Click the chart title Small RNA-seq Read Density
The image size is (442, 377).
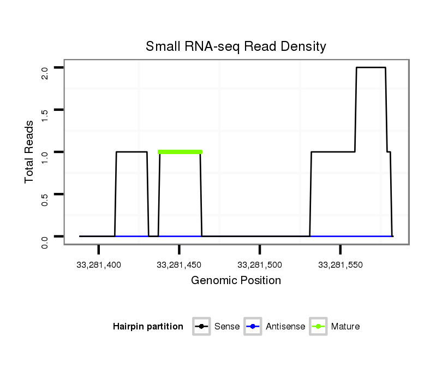click(x=236, y=47)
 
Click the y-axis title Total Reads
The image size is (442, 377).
click(x=30, y=152)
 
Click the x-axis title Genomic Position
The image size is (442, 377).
click(x=236, y=281)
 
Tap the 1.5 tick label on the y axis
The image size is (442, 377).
click(x=45, y=115)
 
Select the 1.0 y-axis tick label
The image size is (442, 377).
click(x=45, y=157)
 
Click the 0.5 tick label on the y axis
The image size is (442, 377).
click(x=45, y=199)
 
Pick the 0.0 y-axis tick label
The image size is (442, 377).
click(x=45, y=241)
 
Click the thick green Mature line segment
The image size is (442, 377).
click(x=180, y=152)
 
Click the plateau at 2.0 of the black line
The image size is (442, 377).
click(x=371, y=68)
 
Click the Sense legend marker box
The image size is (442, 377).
click(x=201, y=327)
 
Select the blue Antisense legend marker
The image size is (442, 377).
click(x=253, y=327)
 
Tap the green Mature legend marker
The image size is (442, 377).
click(x=318, y=327)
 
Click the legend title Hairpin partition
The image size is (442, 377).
click(x=148, y=327)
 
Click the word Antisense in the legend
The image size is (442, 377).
click(x=285, y=327)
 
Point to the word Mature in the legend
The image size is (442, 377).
click(x=345, y=327)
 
